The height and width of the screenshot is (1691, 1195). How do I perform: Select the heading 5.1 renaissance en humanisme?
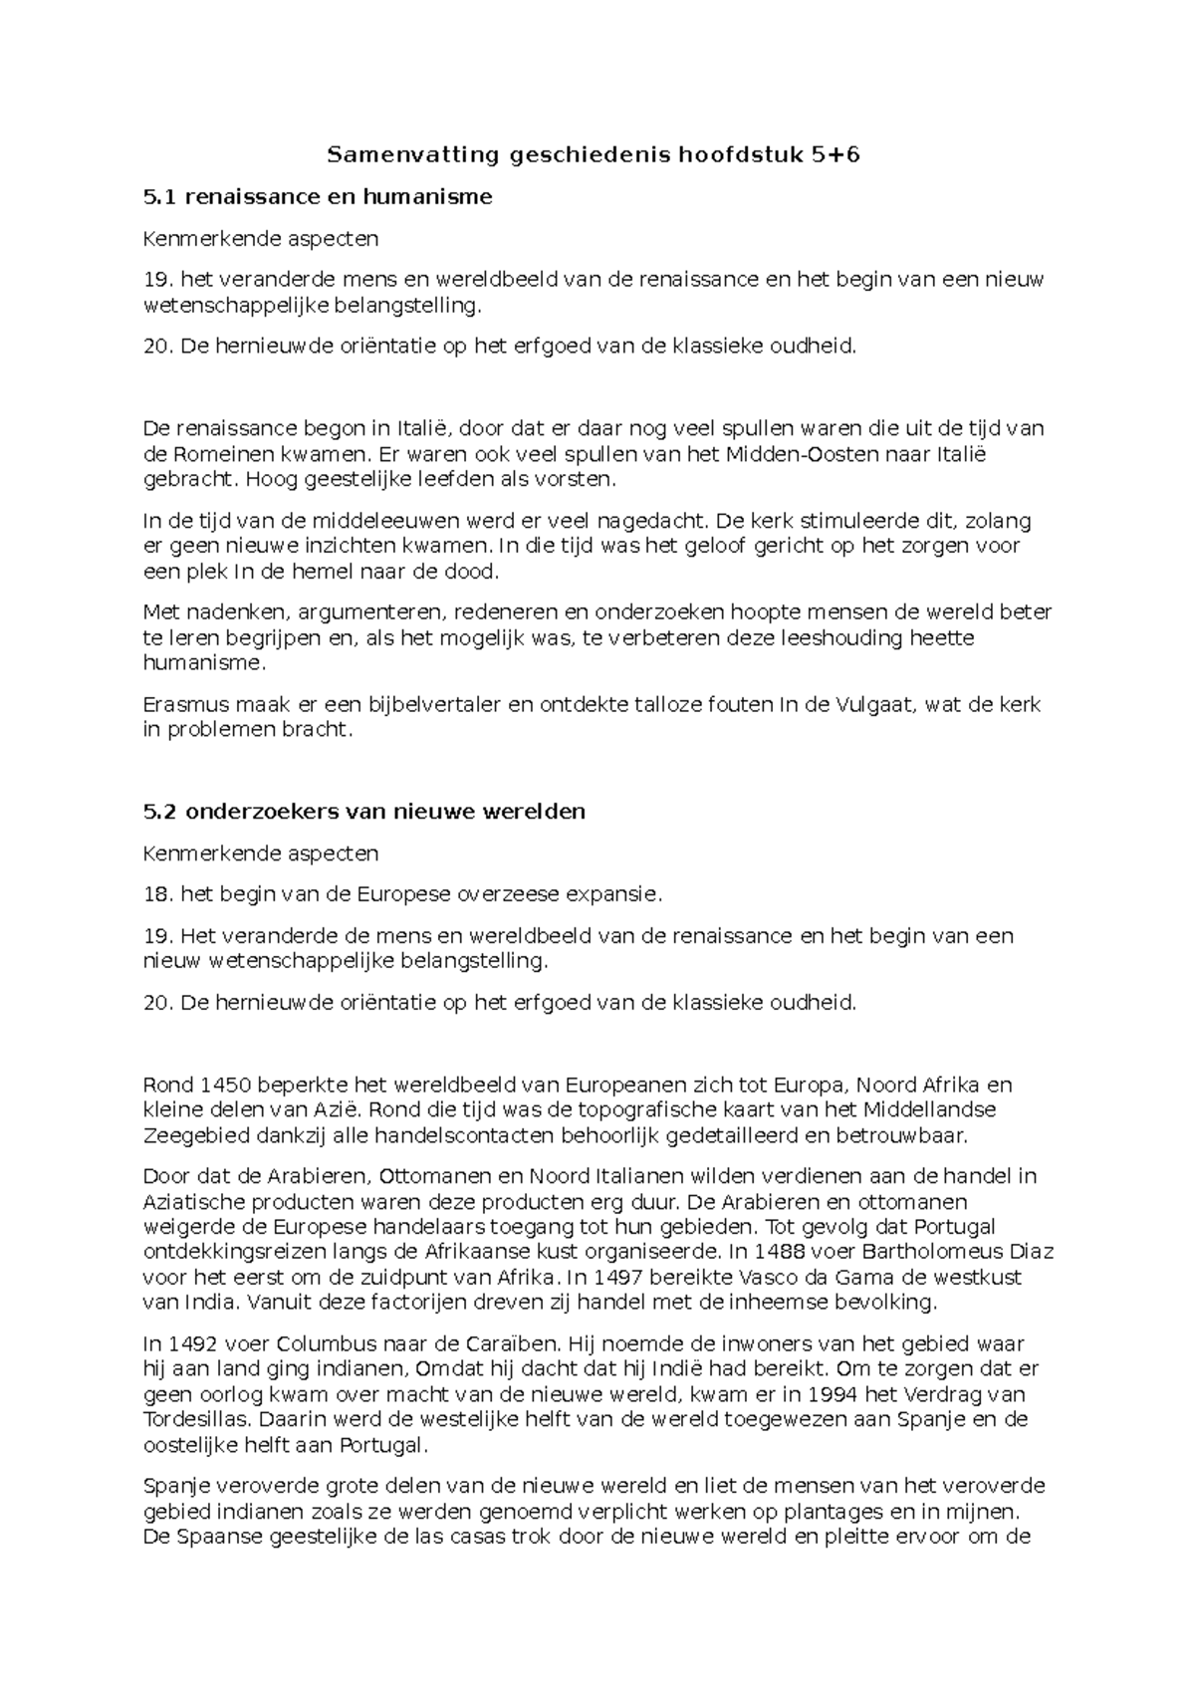point(318,197)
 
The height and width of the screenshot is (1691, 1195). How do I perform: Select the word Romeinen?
point(214,454)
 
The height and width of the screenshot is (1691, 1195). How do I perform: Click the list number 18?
point(156,894)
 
